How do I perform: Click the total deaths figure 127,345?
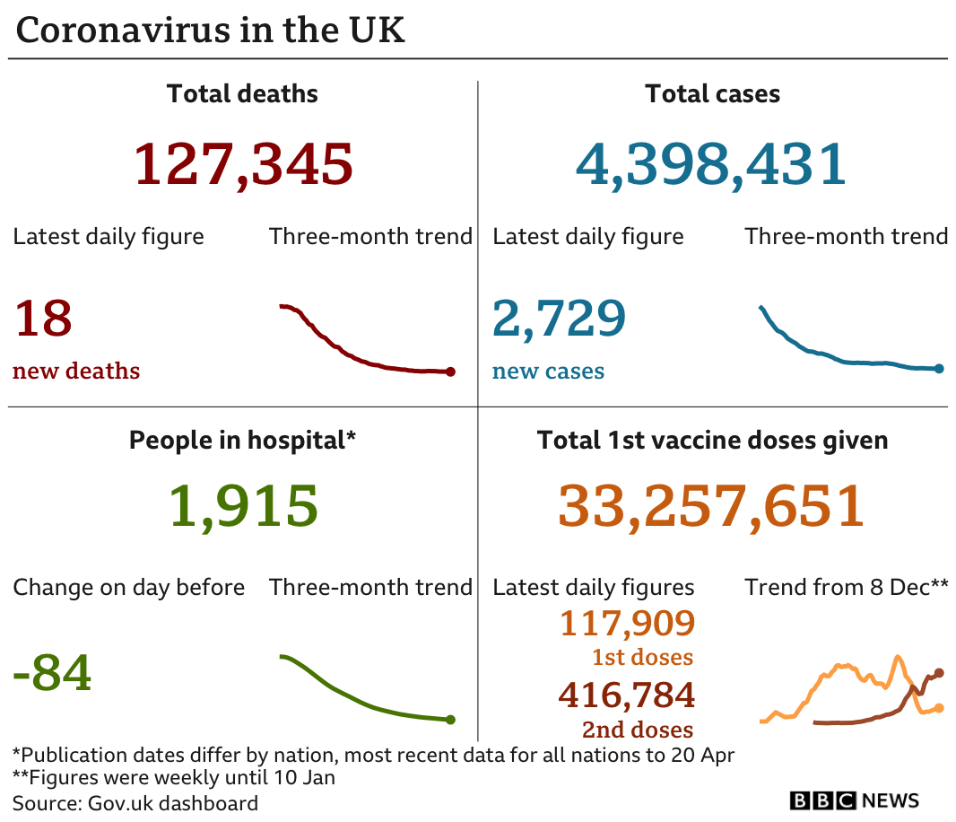pyautogui.click(x=243, y=164)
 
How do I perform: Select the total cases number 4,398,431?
pyautogui.click(x=711, y=164)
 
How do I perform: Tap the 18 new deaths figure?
pyautogui.click(x=42, y=319)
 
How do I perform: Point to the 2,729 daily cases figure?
pyautogui.click(x=559, y=319)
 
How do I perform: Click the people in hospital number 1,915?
pyautogui.click(x=243, y=506)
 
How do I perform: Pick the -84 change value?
pyautogui.click(x=52, y=673)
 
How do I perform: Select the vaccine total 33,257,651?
pyautogui.click(x=711, y=506)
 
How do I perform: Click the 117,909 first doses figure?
pyautogui.click(x=627, y=623)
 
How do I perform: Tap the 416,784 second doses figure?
pyautogui.click(x=627, y=695)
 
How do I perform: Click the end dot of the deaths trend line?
pyautogui.click(x=450, y=372)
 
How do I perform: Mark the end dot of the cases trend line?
pyautogui.click(x=939, y=368)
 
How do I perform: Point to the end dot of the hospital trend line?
pyautogui.click(x=450, y=719)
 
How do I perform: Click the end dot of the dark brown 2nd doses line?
pyautogui.click(x=939, y=672)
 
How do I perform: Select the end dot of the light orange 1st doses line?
pyautogui.click(x=939, y=708)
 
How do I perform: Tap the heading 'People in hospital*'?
pyautogui.click(x=243, y=441)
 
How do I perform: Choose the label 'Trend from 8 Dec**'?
pyautogui.click(x=846, y=588)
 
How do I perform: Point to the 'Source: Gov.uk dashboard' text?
pyautogui.click(x=135, y=802)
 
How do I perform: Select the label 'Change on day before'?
pyautogui.click(x=129, y=588)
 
